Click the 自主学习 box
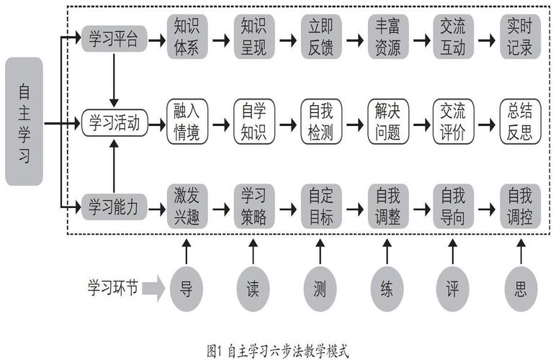click(x=24, y=122)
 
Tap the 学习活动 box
click(x=114, y=123)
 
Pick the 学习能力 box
click(x=113, y=207)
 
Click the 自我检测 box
click(x=320, y=123)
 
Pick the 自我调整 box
click(x=387, y=207)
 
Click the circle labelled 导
click(x=187, y=290)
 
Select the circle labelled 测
click(x=320, y=290)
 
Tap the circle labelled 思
click(x=520, y=290)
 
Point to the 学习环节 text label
click(x=109, y=289)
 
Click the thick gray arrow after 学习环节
click(x=153, y=290)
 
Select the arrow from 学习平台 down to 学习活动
click(x=113, y=79)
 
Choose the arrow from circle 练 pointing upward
click(x=387, y=252)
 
